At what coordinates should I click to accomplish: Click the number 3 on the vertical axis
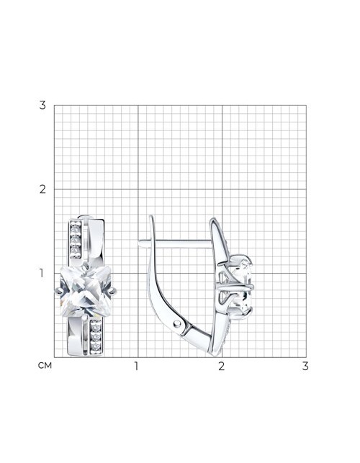[x=42, y=105]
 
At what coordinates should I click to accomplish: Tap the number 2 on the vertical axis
[x=42, y=189]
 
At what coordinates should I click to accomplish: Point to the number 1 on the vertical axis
[x=42, y=273]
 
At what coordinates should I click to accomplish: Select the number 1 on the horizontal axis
[x=136, y=366]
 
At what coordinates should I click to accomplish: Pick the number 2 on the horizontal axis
[x=222, y=366]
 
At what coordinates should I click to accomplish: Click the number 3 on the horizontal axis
[x=305, y=366]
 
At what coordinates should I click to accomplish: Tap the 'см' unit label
[x=45, y=366]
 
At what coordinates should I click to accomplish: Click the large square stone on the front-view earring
[x=86, y=291]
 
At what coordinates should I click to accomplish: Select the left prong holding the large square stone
[x=59, y=292]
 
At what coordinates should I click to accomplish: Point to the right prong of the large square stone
[x=113, y=292]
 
